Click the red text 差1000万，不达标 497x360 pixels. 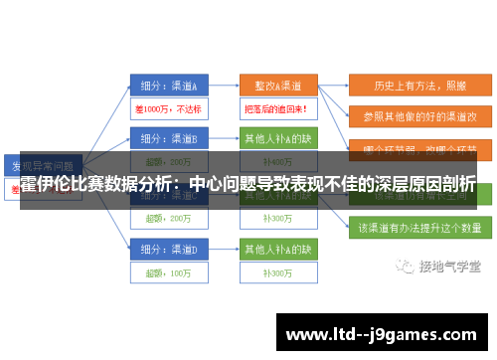click(167, 107)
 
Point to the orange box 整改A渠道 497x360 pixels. click(277, 84)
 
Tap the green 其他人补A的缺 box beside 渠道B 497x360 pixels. click(277, 137)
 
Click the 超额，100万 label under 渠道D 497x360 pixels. click(167, 270)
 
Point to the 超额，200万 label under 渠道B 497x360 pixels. click(167, 161)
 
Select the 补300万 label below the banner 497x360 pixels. click(276, 217)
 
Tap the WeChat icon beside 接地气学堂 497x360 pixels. click(405, 267)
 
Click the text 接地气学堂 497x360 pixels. click(444, 267)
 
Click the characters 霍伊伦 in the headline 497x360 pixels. click(49, 184)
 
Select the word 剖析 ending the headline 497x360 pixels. click(458, 184)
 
